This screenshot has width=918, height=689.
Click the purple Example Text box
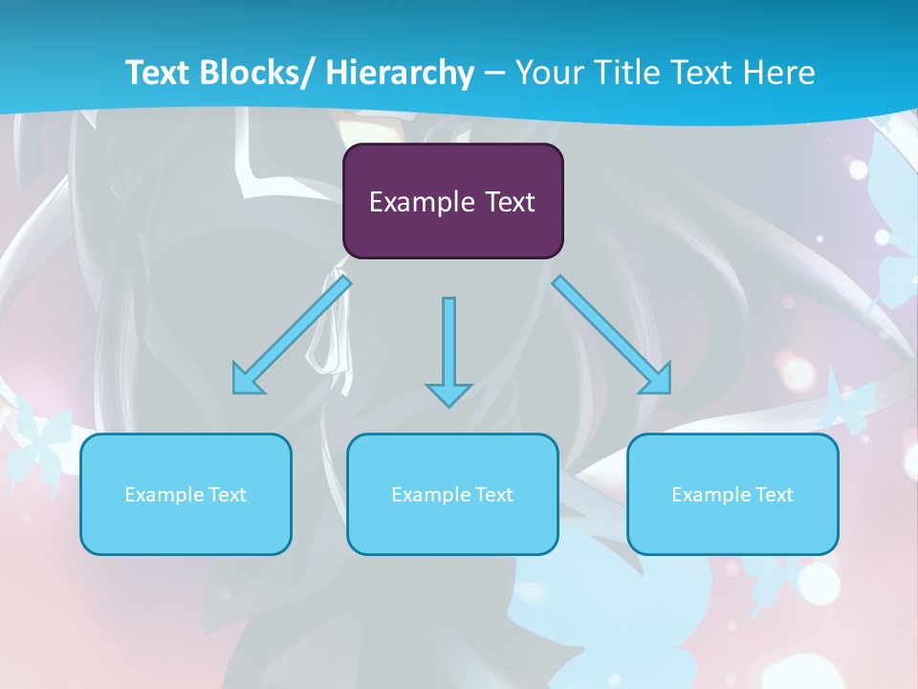452,201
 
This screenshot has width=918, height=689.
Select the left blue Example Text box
186,494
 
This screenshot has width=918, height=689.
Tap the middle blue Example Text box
452,494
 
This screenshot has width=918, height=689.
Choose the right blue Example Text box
732,494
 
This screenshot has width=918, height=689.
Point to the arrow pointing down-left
292,335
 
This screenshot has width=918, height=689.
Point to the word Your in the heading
547,73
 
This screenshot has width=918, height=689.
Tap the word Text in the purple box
510,202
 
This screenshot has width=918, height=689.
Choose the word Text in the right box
774,495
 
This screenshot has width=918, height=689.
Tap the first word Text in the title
157,73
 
